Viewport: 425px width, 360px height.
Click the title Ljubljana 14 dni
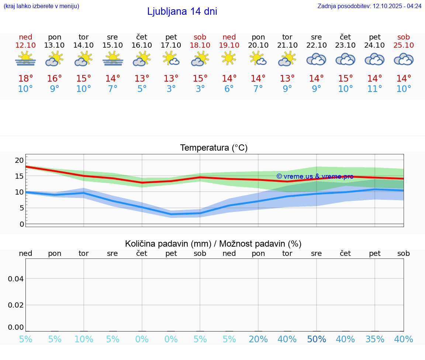[x=182, y=11]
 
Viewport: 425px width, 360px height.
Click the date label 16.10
[x=142, y=45]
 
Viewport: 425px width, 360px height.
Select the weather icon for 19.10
[x=229, y=58]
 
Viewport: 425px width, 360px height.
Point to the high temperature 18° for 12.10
[x=25, y=79]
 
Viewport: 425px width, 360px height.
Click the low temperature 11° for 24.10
[x=374, y=89]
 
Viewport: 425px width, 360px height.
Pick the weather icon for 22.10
[x=316, y=59]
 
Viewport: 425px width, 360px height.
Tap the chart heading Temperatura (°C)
[x=214, y=148]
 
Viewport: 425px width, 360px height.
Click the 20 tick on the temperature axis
[x=19, y=160]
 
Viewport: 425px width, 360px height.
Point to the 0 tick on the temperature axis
[x=22, y=224]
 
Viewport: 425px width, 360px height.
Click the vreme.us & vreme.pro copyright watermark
[x=315, y=176]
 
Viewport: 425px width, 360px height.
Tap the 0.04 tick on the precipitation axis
[x=16, y=279]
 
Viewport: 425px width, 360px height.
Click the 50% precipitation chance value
[x=316, y=339]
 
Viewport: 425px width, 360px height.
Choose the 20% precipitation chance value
[x=258, y=339]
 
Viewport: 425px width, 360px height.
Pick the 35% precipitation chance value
[x=374, y=339]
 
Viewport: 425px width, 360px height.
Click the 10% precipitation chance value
[x=84, y=339]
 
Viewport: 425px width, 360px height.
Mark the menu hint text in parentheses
[x=41, y=6]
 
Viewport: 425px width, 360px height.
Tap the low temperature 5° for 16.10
[x=142, y=89]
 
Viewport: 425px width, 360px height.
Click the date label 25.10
[x=404, y=45]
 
